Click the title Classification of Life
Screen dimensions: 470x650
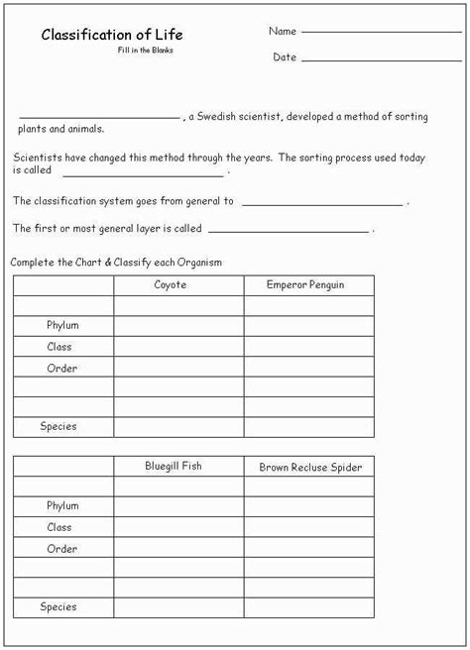pos(112,35)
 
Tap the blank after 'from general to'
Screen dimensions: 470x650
pos(322,202)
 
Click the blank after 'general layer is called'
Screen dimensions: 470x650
pos(289,230)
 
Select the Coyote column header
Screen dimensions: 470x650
pos(171,285)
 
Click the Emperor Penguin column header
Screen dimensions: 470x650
pos(308,285)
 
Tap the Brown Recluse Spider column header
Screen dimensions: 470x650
pos(310,467)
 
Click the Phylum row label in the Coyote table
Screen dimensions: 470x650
pos(62,326)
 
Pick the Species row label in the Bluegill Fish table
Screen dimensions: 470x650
pos(59,606)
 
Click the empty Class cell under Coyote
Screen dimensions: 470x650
pos(178,347)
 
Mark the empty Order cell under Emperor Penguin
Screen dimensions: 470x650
pos(309,368)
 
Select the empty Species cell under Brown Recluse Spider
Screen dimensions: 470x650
pos(309,607)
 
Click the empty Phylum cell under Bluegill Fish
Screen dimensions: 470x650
pos(178,506)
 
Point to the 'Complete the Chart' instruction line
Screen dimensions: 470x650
pos(115,263)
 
